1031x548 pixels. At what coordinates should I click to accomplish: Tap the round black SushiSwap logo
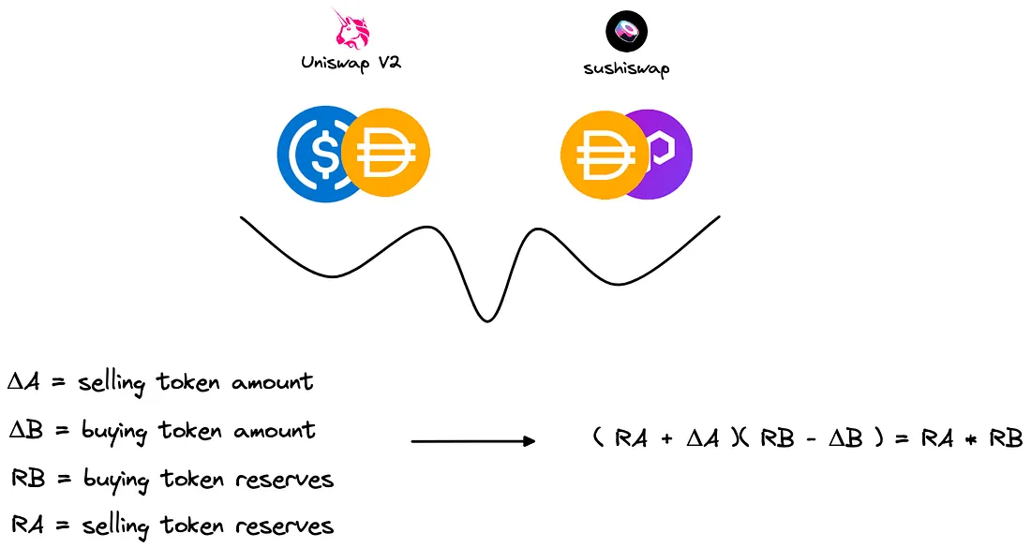(x=627, y=31)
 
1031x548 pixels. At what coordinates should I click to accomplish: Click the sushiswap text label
(x=627, y=67)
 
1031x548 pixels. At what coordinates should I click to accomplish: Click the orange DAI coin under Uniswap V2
(x=385, y=153)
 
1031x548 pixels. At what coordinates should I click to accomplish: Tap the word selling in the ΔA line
(x=115, y=383)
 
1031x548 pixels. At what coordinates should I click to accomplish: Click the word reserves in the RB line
(x=291, y=480)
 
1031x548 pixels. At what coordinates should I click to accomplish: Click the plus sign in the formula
(x=666, y=438)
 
